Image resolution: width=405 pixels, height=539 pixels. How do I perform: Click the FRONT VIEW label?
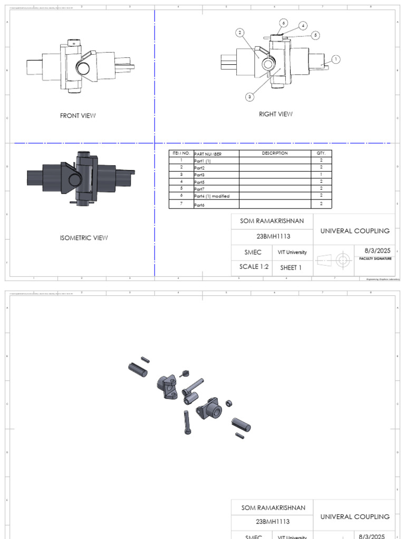point(78,116)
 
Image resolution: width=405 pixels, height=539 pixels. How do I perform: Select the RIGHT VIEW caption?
point(275,114)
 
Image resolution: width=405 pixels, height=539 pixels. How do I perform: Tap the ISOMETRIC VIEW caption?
point(84,238)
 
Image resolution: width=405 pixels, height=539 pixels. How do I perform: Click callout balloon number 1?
point(336,59)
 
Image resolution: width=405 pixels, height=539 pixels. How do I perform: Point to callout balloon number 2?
point(240,33)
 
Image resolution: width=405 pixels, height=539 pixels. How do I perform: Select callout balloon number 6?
point(283,23)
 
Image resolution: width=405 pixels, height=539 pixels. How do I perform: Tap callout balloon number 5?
point(316,35)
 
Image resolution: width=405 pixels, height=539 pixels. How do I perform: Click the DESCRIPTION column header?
point(275,153)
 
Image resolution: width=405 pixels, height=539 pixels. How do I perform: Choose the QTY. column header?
point(321,153)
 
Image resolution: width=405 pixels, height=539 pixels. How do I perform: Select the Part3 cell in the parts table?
point(199,174)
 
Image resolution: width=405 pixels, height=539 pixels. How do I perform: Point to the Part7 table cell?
point(199,188)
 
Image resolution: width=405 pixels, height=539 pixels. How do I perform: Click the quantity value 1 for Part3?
point(321,174)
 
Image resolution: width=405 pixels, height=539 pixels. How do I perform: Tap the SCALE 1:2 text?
point(254,267)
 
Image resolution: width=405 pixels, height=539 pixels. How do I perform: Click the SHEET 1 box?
point(291,267)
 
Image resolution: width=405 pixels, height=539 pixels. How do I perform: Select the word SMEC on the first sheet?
point(252,252)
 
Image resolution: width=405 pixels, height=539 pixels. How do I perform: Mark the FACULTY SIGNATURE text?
point(375,259)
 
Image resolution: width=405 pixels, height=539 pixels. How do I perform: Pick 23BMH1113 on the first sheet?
point(272,236)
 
